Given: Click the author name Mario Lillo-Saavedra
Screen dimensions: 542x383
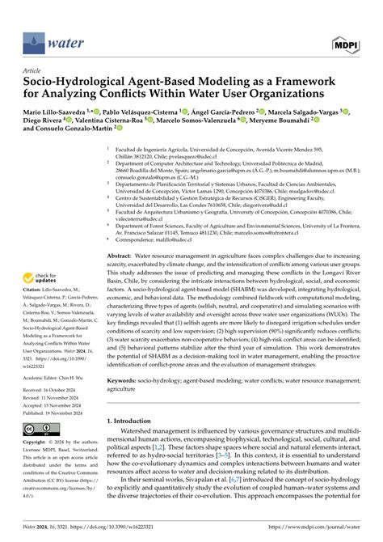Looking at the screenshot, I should tap(53, 112).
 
